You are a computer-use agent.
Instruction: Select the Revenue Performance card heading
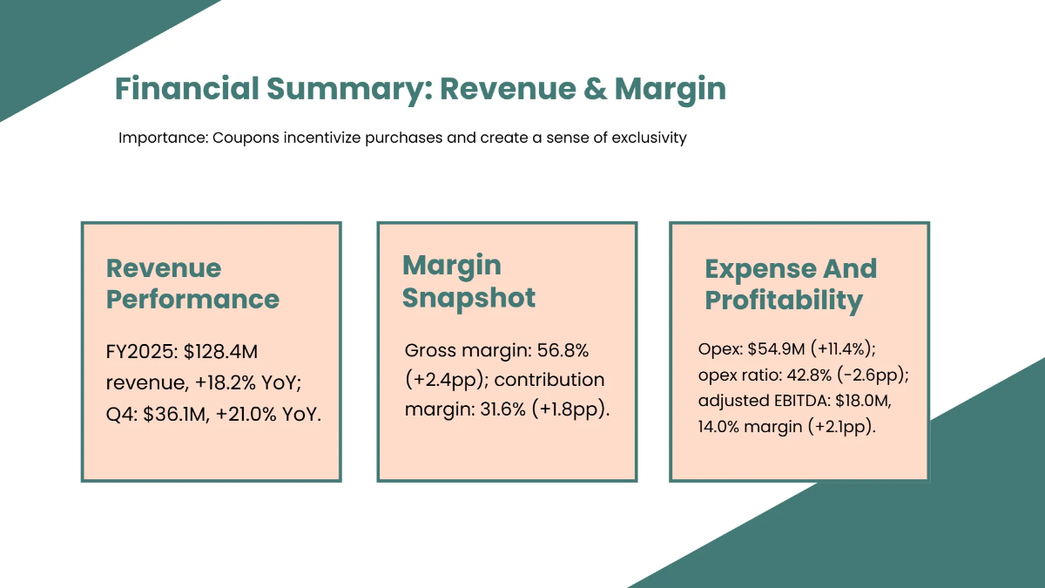tap(192, 284)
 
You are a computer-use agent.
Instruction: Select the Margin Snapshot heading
tap(469, 281)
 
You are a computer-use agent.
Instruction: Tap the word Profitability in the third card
tap(783, 301)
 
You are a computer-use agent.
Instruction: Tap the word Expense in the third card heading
tap(758, 269)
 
